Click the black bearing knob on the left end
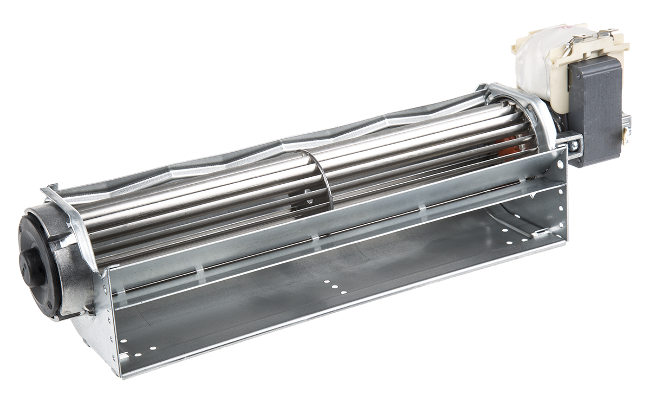[32, 265]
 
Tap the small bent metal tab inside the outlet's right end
[539, 233]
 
